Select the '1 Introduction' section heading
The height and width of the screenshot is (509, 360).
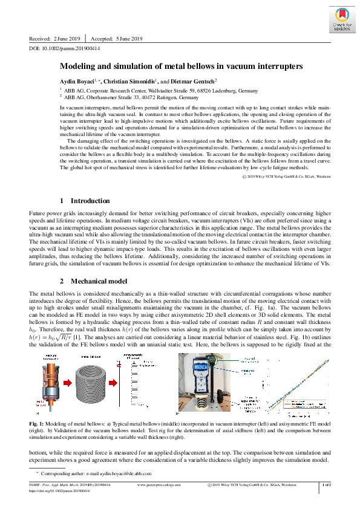pyautogui.click(x=85, y=200)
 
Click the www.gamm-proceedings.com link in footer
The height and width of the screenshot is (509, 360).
pyautogui.click(x=159, y=485)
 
